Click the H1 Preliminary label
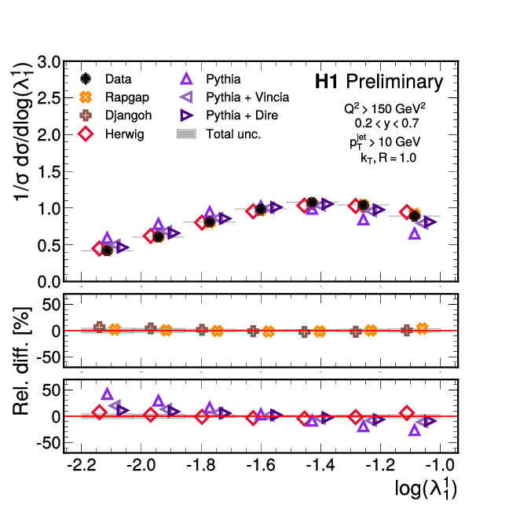(x=379, y=82)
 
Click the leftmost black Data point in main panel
(x=108, y=251)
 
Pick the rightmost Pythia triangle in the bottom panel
(x=415, y=430)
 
